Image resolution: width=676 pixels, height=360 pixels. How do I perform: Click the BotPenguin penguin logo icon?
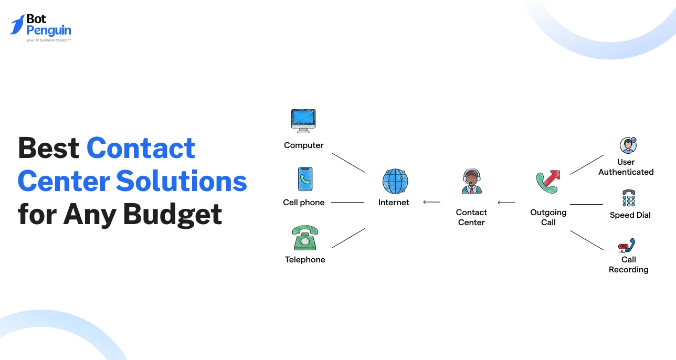coord(17,25)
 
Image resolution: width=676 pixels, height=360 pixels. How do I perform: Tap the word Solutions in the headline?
coord(181,181)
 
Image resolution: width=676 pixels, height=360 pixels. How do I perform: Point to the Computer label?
coord(304,145)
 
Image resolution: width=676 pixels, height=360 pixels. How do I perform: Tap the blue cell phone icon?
coord(305,179)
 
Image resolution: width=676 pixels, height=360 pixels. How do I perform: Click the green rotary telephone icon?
coord(305,238)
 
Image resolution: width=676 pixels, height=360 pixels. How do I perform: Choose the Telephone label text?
coord(305,260)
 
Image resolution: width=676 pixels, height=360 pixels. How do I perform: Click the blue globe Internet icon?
coord(395,182)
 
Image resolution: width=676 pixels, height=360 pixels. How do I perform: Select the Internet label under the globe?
coord(394,203)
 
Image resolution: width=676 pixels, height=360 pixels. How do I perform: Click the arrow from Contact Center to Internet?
coord(431,202)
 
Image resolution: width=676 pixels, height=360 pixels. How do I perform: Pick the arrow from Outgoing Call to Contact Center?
coord(506,203)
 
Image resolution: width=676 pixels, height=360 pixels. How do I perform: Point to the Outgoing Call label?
coord(548,217)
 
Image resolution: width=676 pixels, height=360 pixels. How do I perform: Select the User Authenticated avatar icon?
coord(628,145)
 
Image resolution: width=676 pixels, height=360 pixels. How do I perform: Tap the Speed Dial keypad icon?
coord(629,198)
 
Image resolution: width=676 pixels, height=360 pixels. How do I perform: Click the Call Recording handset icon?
coord(627,246)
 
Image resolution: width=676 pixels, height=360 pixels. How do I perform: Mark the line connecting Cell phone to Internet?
coord(347,203)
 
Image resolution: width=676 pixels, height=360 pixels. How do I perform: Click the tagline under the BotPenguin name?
coord(48,40)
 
